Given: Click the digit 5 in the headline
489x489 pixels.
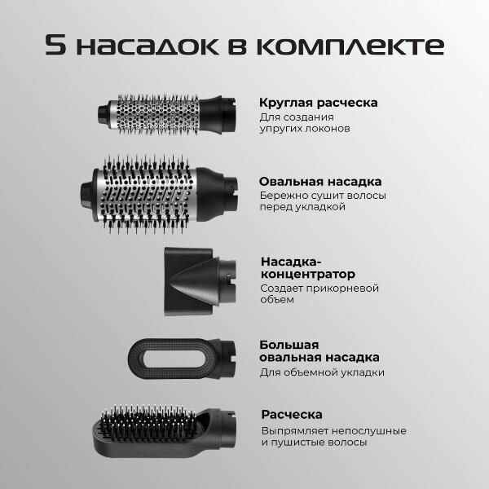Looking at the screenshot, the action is pos(55,45).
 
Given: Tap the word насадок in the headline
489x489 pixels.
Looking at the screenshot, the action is pos(147,46).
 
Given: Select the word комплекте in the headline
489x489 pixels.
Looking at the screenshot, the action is pos(350,46).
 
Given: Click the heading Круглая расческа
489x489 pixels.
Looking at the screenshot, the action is pos(319,103).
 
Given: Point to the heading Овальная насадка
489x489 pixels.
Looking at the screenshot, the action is pos(320,182).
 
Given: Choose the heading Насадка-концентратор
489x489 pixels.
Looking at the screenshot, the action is pos(308,267).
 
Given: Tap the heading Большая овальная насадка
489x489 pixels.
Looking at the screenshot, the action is pos(319,350).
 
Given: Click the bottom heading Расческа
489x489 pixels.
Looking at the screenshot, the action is pos(292,415).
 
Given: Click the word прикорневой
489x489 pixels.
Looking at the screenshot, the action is pos(342,289).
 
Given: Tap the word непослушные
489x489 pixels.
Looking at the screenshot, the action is pos(369,431).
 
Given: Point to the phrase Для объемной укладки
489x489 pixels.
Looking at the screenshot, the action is pos(322,372).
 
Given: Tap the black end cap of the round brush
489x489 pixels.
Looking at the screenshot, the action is pos(103,113).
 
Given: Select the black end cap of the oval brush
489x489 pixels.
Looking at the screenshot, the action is pos(87,194).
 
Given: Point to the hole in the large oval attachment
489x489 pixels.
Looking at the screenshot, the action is pos(174,358).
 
